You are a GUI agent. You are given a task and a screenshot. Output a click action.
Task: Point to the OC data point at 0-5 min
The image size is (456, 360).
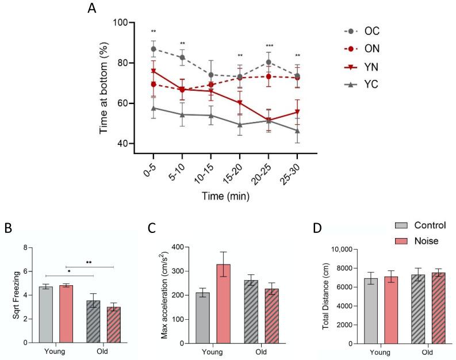point(154,49)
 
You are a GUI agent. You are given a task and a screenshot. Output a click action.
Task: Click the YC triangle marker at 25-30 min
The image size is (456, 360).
point(297,131)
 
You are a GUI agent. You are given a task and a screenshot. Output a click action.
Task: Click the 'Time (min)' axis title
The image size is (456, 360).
point(225,196)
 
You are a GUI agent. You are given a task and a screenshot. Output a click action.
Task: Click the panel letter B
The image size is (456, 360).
point(9,228)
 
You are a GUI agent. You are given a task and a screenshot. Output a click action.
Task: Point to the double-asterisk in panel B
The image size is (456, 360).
point(89,262)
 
